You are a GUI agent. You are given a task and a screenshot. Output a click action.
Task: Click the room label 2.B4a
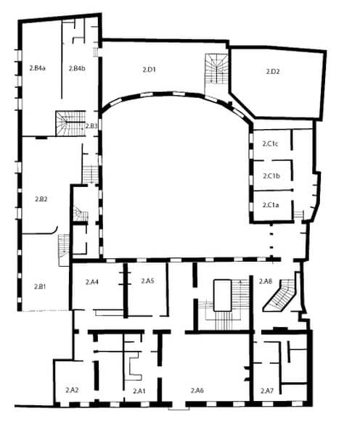37,68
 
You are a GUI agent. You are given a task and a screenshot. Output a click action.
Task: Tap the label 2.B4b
77,68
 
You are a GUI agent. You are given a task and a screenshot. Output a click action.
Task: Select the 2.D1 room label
150,70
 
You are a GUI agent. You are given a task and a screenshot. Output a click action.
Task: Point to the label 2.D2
273,72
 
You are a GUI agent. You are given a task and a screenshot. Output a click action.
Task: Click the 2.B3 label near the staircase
91,126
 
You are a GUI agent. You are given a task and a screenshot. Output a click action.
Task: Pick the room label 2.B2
41,199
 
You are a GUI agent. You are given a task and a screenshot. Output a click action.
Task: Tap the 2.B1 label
40,286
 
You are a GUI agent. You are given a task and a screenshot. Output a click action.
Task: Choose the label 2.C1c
270,144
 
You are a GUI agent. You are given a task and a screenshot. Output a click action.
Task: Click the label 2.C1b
271,176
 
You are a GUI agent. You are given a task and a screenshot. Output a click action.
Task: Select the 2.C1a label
271,205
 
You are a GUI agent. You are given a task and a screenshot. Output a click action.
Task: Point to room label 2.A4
92,282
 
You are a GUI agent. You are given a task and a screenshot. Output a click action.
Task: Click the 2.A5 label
147,281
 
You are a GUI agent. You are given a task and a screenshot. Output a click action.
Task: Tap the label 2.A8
266,281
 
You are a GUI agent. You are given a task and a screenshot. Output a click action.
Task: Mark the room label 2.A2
72,390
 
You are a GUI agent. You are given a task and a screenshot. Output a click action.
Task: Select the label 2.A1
139,391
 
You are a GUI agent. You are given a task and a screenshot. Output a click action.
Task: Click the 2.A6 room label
197,390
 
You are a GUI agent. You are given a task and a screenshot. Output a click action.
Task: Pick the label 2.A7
267,391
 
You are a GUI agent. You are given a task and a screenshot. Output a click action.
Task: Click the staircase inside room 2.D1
216,74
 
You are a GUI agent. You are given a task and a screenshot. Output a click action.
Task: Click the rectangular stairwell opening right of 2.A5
222,296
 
